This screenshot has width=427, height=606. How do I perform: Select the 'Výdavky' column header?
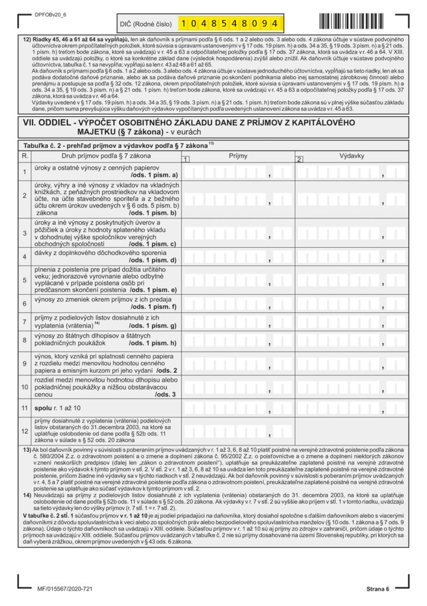pyautogui.click(x=351, y=156)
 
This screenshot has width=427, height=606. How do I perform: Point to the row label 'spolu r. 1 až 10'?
pyautogui.click(x=59, y=408)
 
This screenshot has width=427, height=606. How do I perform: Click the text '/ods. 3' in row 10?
pyautogui.click(x=164, y=394)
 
